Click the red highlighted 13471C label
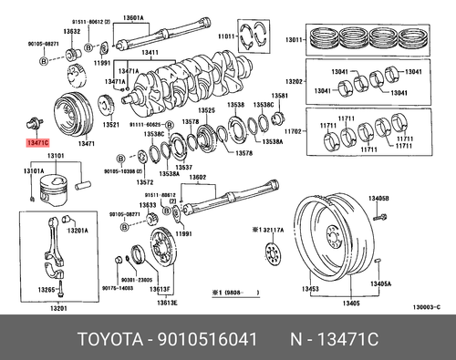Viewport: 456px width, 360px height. pos(38,143)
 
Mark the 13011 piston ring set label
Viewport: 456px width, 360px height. pos(294,40)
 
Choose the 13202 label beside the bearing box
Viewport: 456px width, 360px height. pos(294,80)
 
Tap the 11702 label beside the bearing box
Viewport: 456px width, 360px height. pos(294,131)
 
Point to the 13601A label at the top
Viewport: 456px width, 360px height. pos(159,18)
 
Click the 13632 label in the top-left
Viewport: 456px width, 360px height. pos(72,31)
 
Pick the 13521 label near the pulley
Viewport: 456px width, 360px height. pos(110,125)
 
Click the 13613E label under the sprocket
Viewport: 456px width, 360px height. pos(166,302)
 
